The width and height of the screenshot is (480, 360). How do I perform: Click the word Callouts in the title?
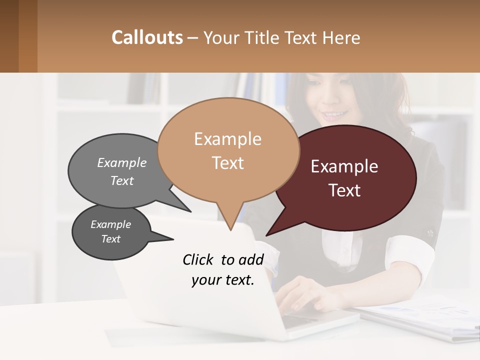pyautogui.click(x=147, y=37)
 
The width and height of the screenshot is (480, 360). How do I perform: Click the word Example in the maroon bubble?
pyautogui.click(x=344, y=166)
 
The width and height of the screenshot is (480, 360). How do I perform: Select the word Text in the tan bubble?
pyautogui.click(x=228, y=163)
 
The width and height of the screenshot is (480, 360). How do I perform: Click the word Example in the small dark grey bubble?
pyautogui.click(x=110, y=224)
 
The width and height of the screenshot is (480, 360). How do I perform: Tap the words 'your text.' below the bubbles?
pyautogui.click(x=223, y=280)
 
